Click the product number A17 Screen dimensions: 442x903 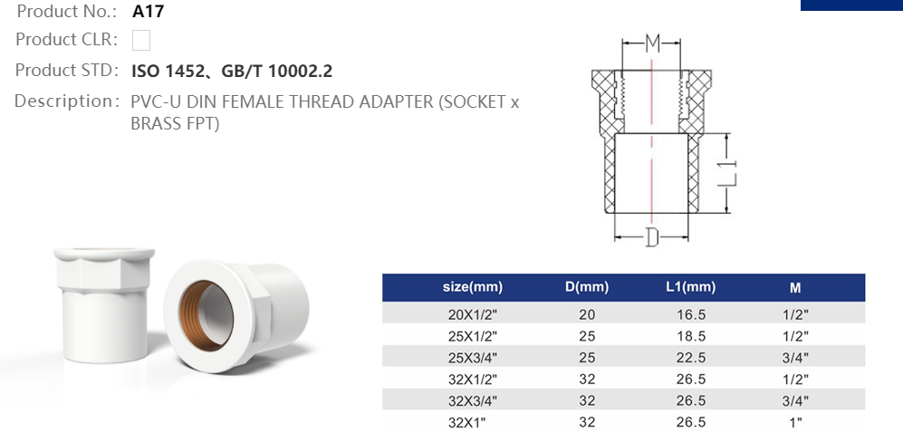[149, 12]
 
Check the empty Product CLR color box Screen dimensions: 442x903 [141, 40]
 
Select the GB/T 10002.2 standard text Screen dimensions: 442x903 [283, 71]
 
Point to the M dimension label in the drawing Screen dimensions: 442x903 [651, 43]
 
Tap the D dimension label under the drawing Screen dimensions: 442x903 [651, 238]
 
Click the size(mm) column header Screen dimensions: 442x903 [472, 288]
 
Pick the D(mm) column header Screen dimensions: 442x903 [586, 288]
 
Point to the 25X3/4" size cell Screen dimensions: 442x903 [472, 357]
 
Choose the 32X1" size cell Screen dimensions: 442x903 [472, 422]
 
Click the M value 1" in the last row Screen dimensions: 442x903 [794, 422]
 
